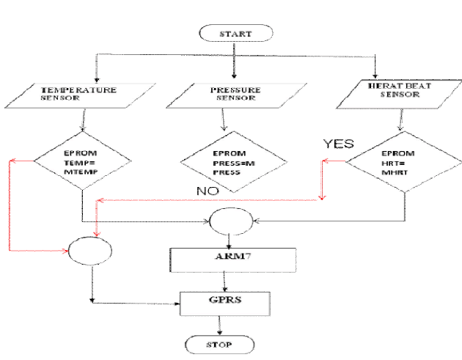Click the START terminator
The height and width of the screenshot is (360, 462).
click(x=235, y=33)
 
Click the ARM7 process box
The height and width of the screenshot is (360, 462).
click(x=232, y=259)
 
